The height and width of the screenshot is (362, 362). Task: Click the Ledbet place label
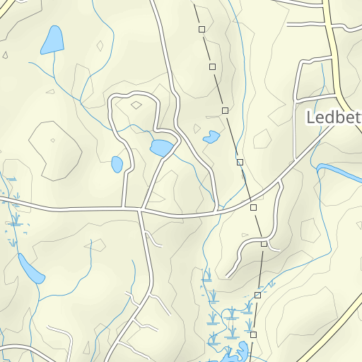point(333,117)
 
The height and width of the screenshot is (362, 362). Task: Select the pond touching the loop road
point(161,148)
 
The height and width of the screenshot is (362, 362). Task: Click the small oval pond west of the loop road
point(117,164)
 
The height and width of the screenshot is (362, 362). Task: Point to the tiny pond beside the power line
point(211,137)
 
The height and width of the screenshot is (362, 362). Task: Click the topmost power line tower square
point(202,29)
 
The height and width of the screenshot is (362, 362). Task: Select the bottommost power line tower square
point(253,334)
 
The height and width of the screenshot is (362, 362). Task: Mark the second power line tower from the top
point(212,66)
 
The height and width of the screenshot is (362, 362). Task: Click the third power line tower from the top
point(225,110)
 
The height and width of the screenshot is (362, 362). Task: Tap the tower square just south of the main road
point(253,207)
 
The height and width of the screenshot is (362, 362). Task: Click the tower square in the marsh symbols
point(257,295)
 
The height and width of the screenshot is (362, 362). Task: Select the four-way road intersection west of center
point(141,209)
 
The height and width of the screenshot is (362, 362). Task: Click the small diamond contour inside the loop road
point(136,105)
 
